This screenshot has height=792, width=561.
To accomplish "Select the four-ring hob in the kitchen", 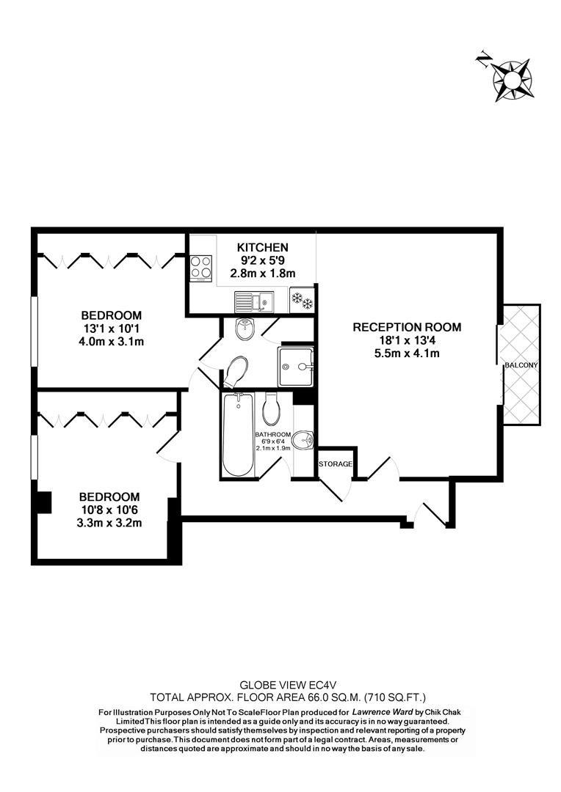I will [200, 268].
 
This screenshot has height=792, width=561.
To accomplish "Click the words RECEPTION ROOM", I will [407, 327].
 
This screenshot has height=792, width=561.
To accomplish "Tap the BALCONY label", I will [521, 364].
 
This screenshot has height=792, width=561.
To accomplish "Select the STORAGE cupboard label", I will [336, 464].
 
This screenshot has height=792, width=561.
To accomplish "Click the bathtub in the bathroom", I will [238, 435].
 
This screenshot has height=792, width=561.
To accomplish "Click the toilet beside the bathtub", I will [270, 408].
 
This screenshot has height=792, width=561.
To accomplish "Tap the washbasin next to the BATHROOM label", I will [304, 440].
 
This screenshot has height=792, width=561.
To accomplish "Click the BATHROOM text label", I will [272, 434].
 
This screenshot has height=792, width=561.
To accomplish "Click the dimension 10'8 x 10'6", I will [109, 510].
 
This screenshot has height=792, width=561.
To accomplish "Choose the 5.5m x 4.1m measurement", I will [407, 353].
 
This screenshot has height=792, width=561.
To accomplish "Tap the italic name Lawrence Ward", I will [382, 712].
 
